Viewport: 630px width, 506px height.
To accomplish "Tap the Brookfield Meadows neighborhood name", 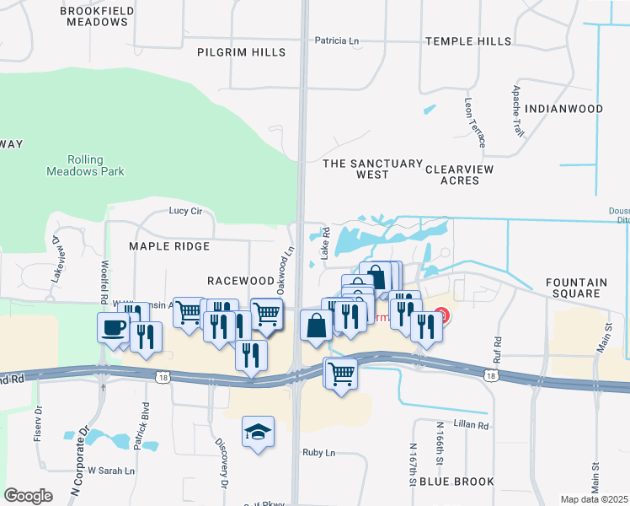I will (93, 16).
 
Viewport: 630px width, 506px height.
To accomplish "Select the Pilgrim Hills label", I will (241, 52).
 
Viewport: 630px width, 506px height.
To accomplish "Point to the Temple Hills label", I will (468, 41).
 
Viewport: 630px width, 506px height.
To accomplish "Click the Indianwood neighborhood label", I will (563, 109).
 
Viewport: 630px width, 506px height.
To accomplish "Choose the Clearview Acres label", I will (459, 175).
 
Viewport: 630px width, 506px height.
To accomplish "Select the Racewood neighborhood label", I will (241, 280).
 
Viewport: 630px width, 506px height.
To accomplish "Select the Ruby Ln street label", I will (319, 453).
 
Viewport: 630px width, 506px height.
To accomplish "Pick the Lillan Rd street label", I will (472, 426).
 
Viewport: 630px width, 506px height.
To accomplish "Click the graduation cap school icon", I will (258, 432).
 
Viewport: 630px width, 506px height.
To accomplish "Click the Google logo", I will (29, 495).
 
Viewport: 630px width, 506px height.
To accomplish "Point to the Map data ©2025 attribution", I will (594, 499).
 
